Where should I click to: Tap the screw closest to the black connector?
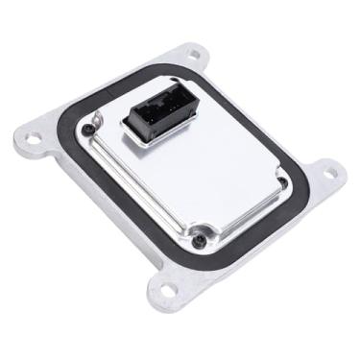point(89,128)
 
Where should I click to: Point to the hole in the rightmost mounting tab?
point(329,174)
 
